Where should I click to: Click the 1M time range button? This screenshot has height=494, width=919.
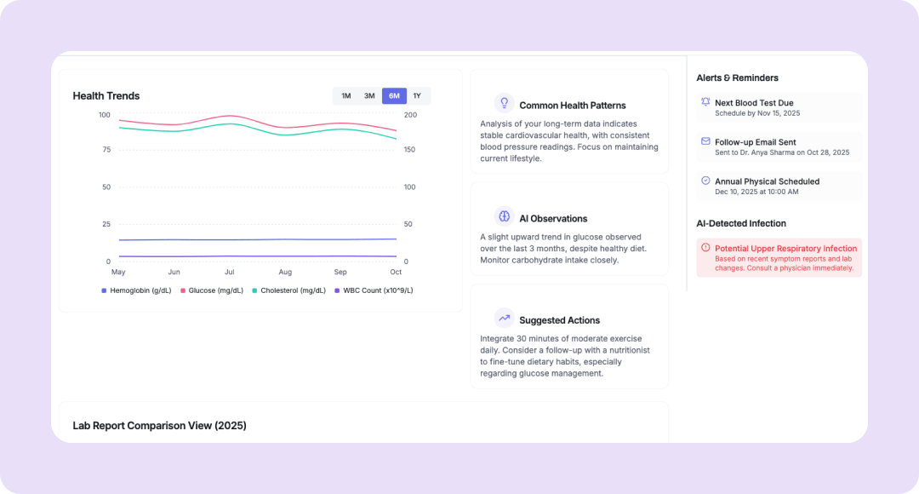pos(346,96)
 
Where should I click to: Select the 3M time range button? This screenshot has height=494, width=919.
pos(369,96)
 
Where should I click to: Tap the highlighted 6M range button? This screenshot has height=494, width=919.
pos(394,96)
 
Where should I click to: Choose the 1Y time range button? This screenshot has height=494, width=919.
pos(417,96)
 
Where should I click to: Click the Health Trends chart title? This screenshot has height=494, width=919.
pos(106,96)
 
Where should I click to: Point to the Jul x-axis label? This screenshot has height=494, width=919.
pos(230,273)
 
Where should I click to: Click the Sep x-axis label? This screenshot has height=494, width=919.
pos(340,273)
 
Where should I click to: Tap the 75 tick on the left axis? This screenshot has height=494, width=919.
pos(106,150)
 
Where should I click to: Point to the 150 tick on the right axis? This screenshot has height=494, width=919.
pos(410,150)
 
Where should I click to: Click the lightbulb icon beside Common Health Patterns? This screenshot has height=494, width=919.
pos(504,103)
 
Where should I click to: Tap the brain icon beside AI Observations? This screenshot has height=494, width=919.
pos(504,216)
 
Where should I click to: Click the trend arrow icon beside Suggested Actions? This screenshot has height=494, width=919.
pos(504,319)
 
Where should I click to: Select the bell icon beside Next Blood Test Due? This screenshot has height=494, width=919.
pos(705,102)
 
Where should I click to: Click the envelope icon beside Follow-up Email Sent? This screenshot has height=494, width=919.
pos(705,141)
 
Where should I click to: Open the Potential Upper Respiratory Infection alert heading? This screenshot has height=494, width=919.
pos(785,249)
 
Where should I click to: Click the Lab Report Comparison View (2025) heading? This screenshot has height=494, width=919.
pos(159,426)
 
